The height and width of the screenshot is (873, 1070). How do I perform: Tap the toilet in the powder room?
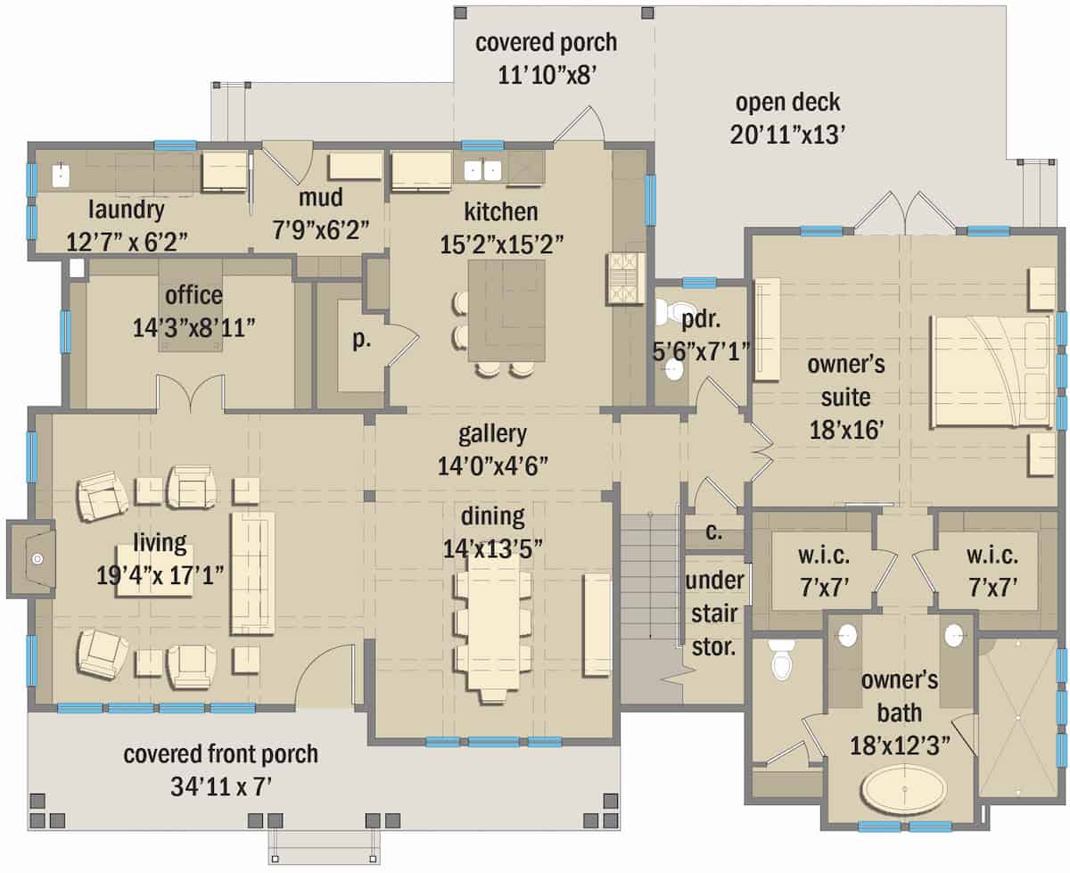(x=667, y=311)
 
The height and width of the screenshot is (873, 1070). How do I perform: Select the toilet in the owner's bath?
(x=782, y=658)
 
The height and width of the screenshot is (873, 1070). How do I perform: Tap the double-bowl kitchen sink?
(x=483, y=169)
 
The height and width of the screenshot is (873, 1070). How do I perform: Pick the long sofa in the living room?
(x=252, y=572)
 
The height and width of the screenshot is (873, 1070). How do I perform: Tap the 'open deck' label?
(x=787, y=102)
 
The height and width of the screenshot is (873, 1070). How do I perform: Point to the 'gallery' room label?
(x=492, y=434)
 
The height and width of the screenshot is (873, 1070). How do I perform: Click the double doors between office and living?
(x=190, y=393)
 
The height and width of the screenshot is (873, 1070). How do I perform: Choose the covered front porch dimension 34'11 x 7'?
(x=220, y=787)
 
